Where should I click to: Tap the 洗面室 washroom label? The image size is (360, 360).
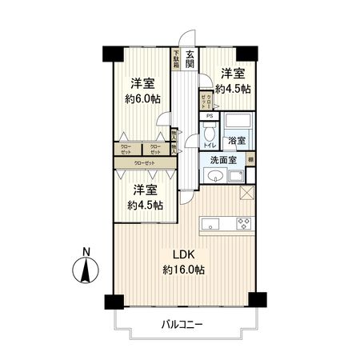223,160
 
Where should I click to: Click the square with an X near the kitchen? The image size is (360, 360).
246,192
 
